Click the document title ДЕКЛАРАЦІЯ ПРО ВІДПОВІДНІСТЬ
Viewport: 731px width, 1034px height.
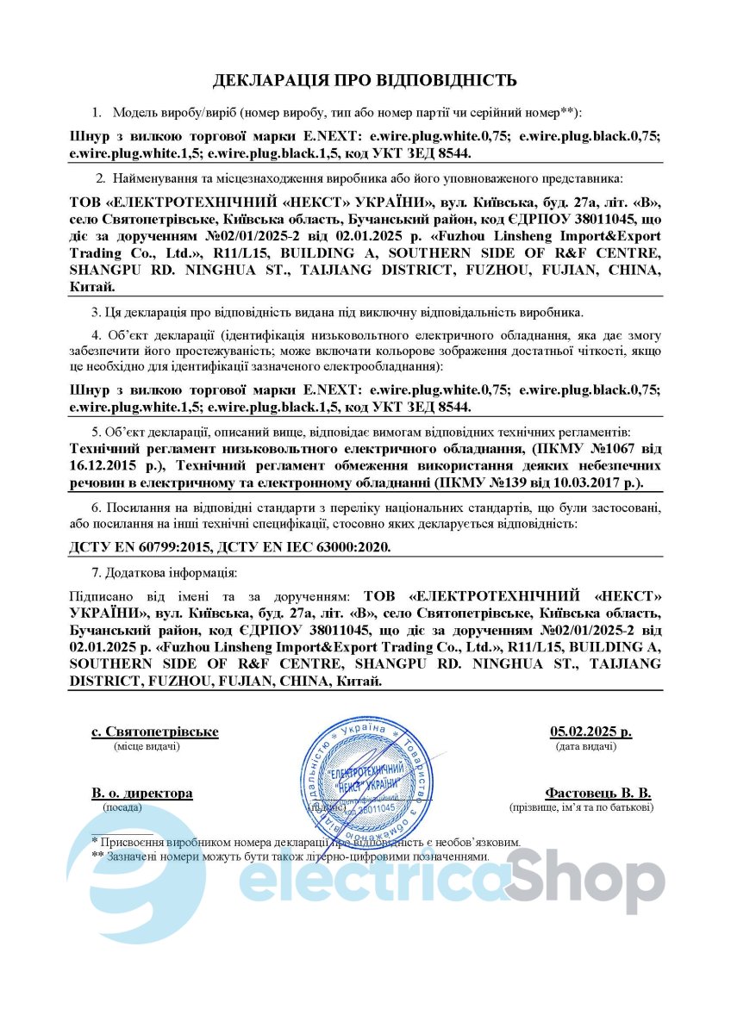(x=365, y=81)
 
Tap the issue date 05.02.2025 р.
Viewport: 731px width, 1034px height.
(x=590, y=732)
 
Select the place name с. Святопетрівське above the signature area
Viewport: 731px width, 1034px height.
(x=155, y=732)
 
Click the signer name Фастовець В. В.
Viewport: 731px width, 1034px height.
(x=597, y=793)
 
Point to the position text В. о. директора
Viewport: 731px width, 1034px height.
(x=142, y=793)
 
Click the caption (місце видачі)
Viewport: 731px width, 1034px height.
(x=147, y=746)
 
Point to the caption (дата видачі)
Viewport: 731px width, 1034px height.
(x=585, y=746)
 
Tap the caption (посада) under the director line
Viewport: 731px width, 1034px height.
(x=124, y=807)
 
